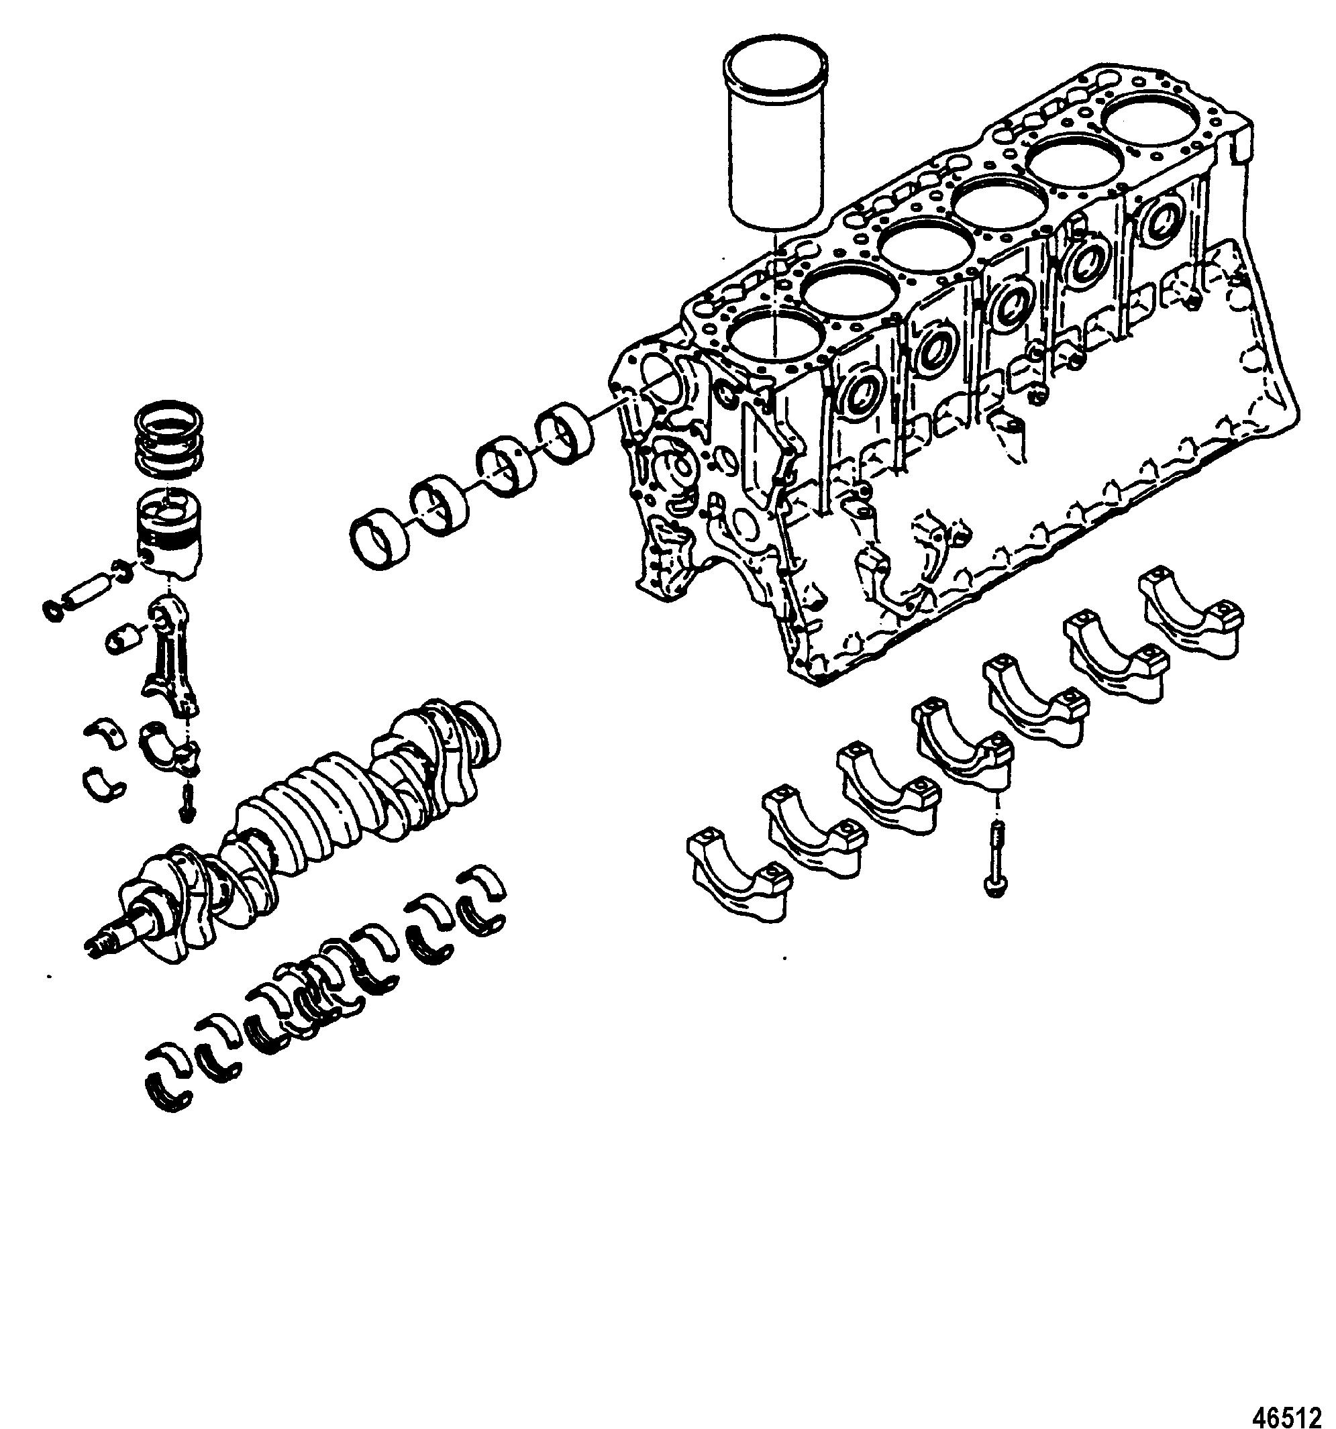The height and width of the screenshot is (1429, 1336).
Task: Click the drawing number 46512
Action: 1292,1415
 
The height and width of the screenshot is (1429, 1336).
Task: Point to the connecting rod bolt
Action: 187,801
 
